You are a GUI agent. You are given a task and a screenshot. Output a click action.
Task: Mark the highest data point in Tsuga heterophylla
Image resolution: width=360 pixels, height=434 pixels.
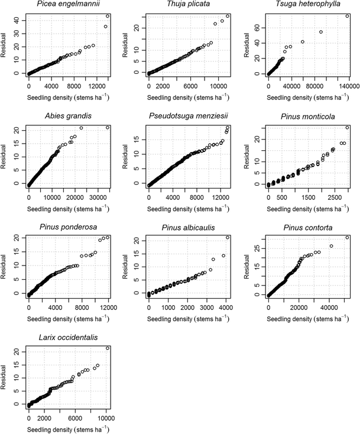(347, 16)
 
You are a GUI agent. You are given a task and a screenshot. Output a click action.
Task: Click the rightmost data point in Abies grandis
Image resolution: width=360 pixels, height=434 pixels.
(108, 127)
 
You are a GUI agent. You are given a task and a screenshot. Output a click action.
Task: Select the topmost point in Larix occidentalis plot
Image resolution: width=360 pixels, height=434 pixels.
(108, 348)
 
